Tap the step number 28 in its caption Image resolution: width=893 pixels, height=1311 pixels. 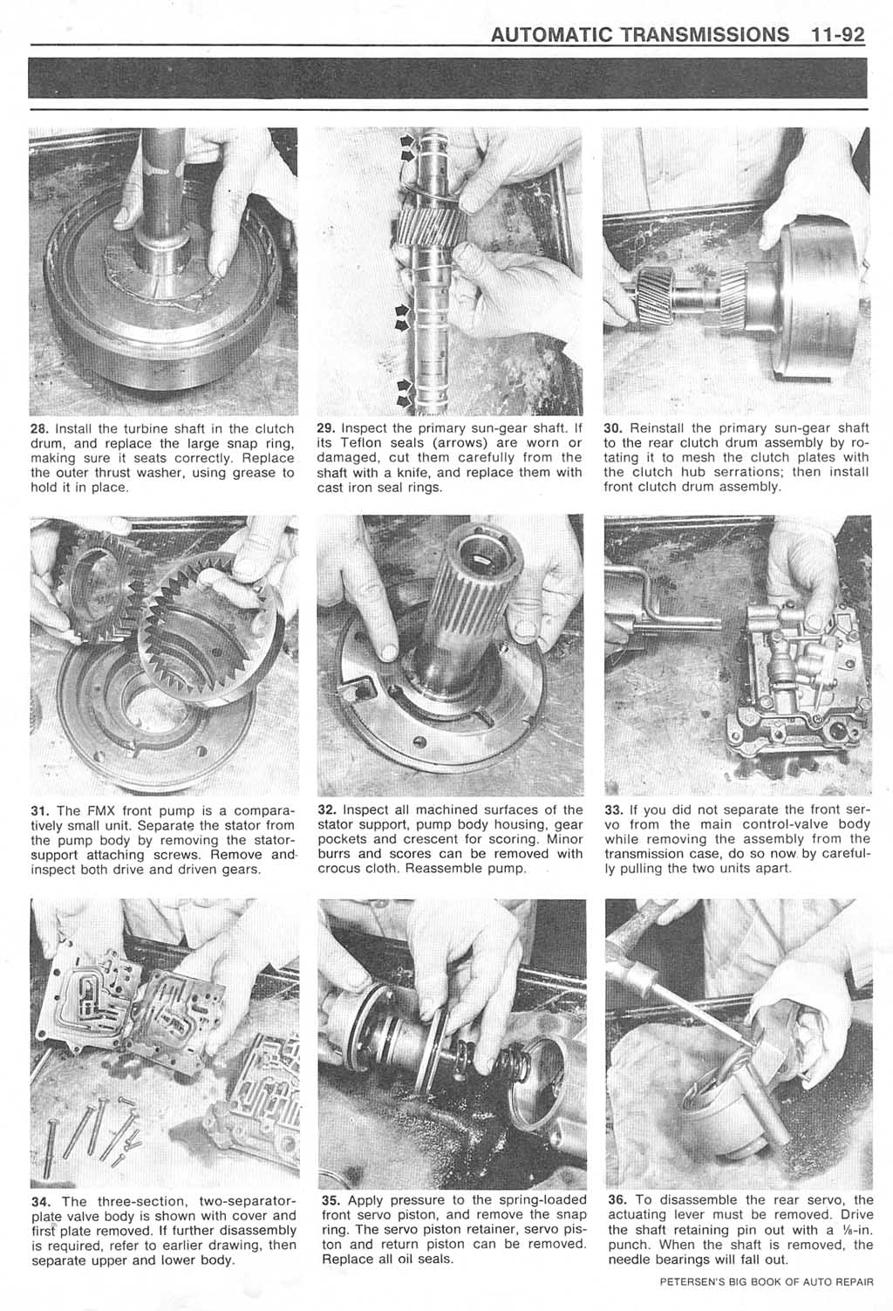pos(38,428)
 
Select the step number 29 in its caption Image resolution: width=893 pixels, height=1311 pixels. pos(326,428)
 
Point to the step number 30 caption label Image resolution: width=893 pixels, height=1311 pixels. pos(613,428)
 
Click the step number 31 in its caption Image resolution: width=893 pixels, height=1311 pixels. pos(38,809)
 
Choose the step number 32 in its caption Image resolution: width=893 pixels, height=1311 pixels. pos(326,809)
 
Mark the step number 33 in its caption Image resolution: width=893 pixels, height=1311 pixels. pos(613,809)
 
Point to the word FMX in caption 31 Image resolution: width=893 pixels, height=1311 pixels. pos(104,809)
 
